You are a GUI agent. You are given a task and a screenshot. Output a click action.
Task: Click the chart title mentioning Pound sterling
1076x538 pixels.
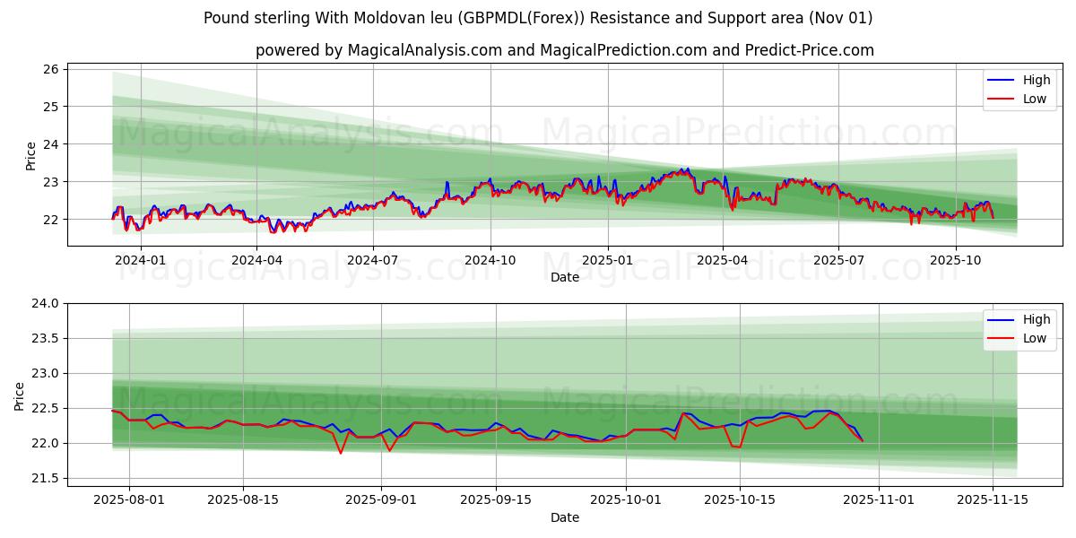pos(538,18)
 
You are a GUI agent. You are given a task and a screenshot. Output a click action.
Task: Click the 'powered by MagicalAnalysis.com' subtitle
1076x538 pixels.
pos(565,50)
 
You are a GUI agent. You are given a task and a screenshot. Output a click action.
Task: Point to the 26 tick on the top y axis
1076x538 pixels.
pos(50,69)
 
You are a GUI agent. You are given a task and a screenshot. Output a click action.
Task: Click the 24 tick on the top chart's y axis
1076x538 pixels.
pos(50,144)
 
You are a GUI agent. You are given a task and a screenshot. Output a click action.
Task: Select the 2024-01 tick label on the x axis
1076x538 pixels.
pos(141,260)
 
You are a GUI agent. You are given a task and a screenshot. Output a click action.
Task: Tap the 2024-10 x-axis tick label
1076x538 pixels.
pos(490,260)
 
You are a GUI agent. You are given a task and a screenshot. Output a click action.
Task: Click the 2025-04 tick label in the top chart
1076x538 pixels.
pos(722,260)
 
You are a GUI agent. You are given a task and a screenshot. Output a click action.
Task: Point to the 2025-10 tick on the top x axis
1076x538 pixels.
pos(956,260)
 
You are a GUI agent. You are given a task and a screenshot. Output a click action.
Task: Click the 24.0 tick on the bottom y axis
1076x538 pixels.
pos(45,303)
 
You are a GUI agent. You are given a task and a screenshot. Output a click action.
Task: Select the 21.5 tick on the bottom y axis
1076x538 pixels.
pos(45,479)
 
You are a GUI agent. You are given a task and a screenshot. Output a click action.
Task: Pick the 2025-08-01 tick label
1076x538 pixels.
pos(129,499)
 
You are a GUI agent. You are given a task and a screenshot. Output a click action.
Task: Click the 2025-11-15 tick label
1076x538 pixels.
pos(993,499)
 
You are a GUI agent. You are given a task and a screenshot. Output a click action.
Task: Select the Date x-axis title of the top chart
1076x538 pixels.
pos(565,277)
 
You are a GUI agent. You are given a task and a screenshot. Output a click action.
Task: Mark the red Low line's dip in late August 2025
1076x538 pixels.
pos(341,452)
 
